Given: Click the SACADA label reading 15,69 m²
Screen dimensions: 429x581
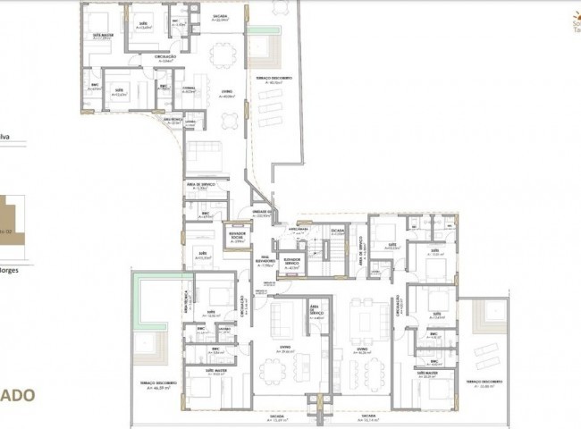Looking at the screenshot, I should click(x=277, y=418).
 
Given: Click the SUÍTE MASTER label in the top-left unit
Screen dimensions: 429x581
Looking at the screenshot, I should click(x=102, y=36).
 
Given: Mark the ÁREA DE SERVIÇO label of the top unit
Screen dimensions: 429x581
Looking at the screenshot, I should click(x=200, y=186).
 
